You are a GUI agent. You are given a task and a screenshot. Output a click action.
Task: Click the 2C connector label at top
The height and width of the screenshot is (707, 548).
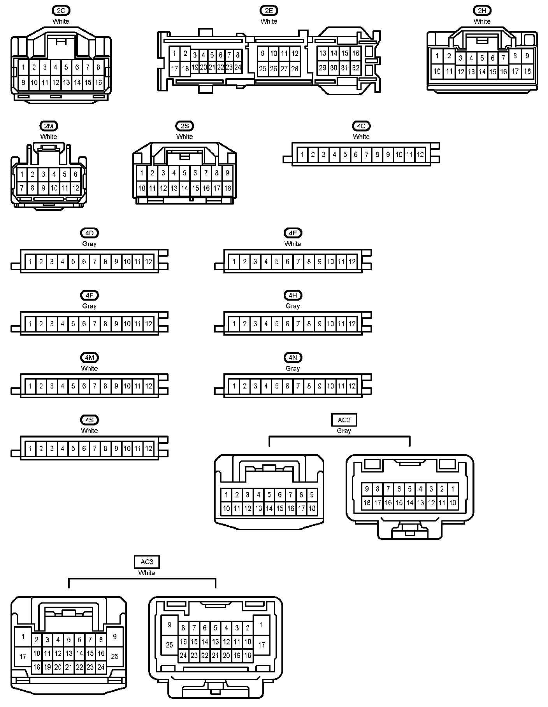61,11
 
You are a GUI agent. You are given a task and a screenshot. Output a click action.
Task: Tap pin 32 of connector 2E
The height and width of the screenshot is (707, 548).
355,68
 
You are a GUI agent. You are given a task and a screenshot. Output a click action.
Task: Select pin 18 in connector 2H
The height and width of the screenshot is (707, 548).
527,71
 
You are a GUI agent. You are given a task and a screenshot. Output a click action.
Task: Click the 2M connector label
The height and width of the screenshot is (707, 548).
49,126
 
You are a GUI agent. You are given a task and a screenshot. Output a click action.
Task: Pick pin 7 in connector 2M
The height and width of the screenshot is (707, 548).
22,188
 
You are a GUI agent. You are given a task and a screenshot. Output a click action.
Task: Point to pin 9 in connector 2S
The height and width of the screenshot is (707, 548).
227,173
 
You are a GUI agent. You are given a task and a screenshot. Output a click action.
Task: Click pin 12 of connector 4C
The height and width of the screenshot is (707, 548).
420,155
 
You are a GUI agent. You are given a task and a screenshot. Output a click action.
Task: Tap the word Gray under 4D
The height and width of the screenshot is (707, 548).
89,244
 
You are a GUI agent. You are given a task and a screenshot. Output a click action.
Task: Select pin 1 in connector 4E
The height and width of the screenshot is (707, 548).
234,262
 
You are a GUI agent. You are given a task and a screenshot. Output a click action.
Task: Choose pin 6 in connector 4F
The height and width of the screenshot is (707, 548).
84,324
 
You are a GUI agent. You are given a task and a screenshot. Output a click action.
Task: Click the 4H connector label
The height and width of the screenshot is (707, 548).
293,296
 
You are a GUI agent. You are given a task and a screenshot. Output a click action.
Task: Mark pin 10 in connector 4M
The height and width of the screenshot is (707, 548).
127,386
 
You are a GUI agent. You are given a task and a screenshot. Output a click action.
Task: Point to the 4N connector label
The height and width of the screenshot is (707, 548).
293,358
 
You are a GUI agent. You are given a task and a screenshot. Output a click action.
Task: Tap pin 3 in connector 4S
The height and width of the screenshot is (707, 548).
52,448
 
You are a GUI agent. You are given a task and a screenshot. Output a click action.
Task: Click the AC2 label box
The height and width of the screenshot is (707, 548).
344,420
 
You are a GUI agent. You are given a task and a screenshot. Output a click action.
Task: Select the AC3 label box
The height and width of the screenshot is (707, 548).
147,562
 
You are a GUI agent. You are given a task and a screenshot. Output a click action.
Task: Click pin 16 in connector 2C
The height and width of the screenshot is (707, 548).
98,82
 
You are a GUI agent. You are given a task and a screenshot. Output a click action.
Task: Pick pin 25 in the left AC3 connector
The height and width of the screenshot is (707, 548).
115,656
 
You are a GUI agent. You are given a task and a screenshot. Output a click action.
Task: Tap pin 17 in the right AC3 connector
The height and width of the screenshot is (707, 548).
262,645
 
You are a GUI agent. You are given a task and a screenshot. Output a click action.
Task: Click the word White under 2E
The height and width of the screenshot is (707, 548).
269,21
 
